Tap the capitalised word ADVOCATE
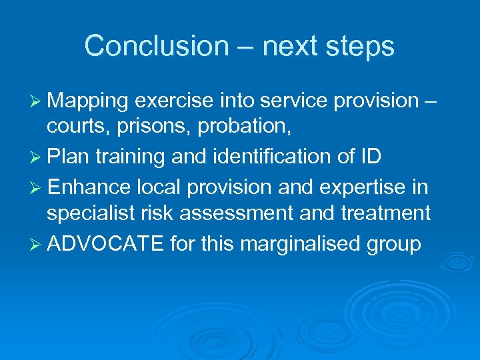tap(106, 245)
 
